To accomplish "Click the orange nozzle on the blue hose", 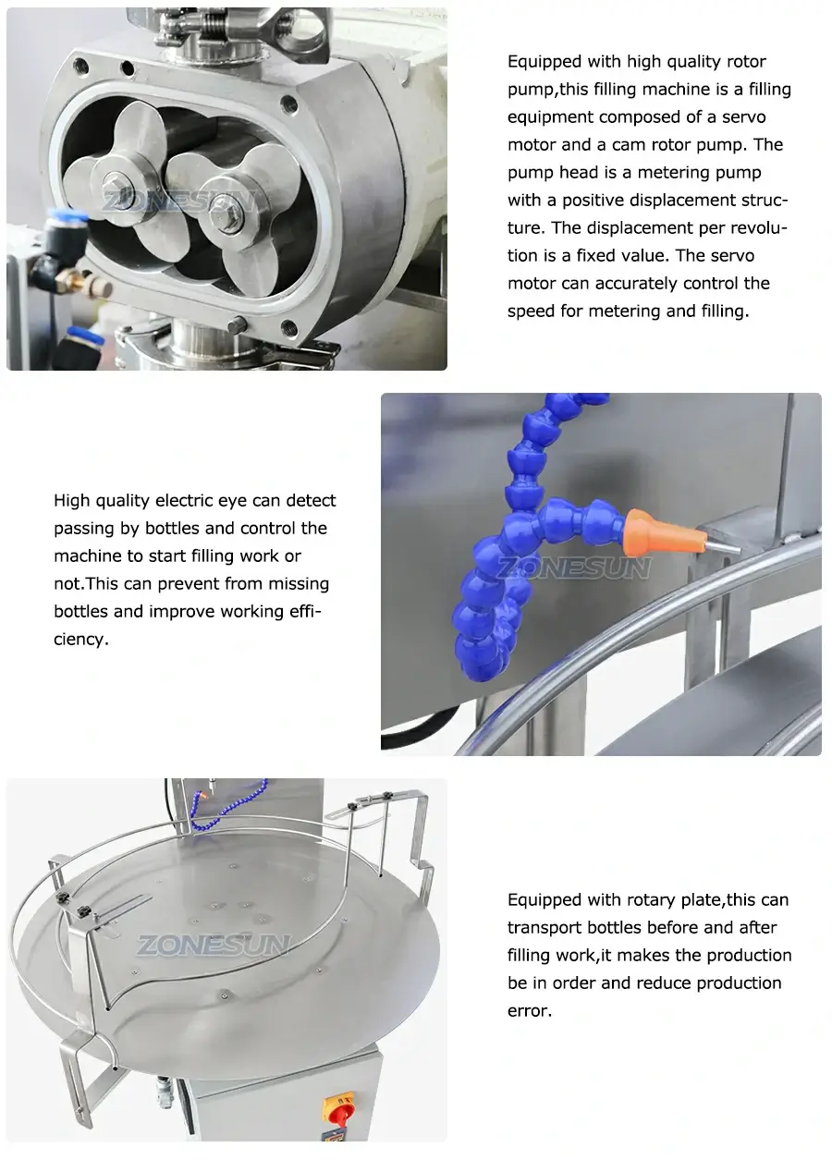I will coord(657,529).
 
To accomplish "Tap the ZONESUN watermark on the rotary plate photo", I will coord(214,945).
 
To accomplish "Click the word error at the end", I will coord(529,1010).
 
